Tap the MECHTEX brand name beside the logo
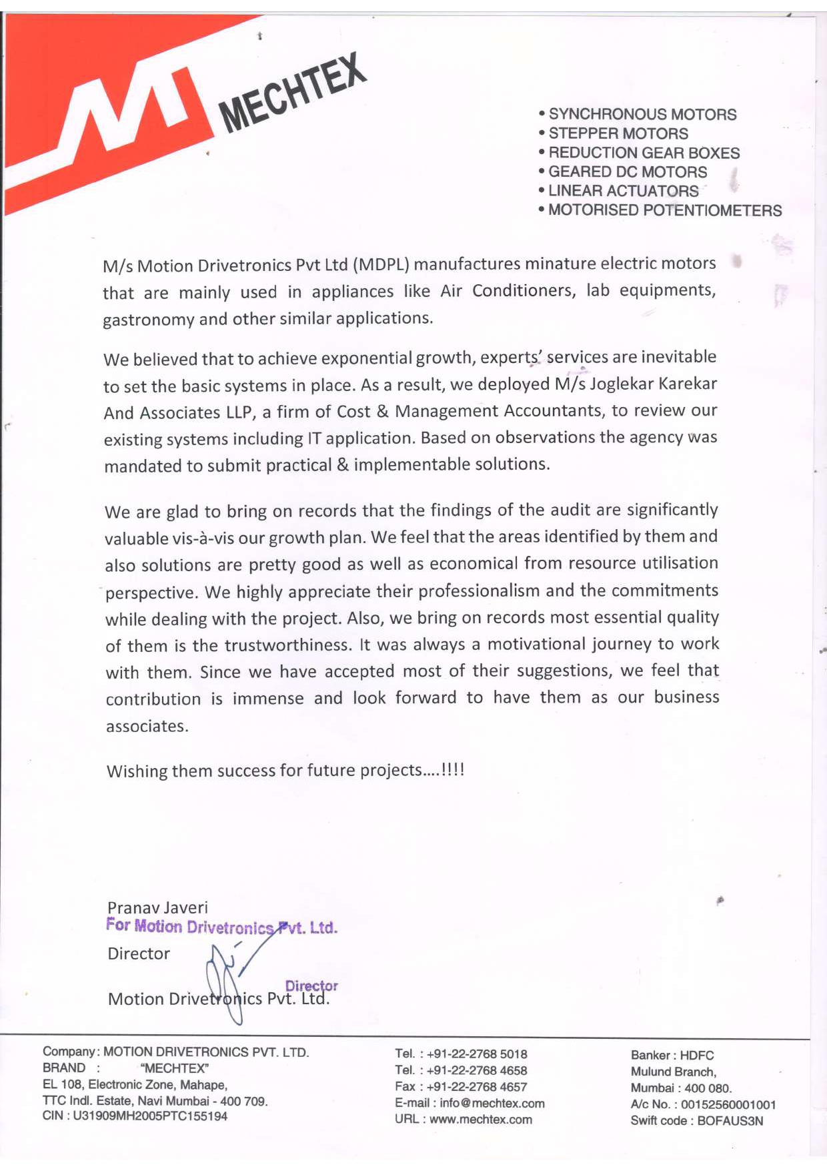coord(293,93)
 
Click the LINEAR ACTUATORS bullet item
coord(623,191)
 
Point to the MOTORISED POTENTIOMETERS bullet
coord(664,210)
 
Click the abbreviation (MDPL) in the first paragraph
coord(380,264)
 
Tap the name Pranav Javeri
coord(157,907)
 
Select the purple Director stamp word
coord(311,986)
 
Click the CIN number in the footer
coord(135,1116)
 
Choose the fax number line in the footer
coord(461,1087)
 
